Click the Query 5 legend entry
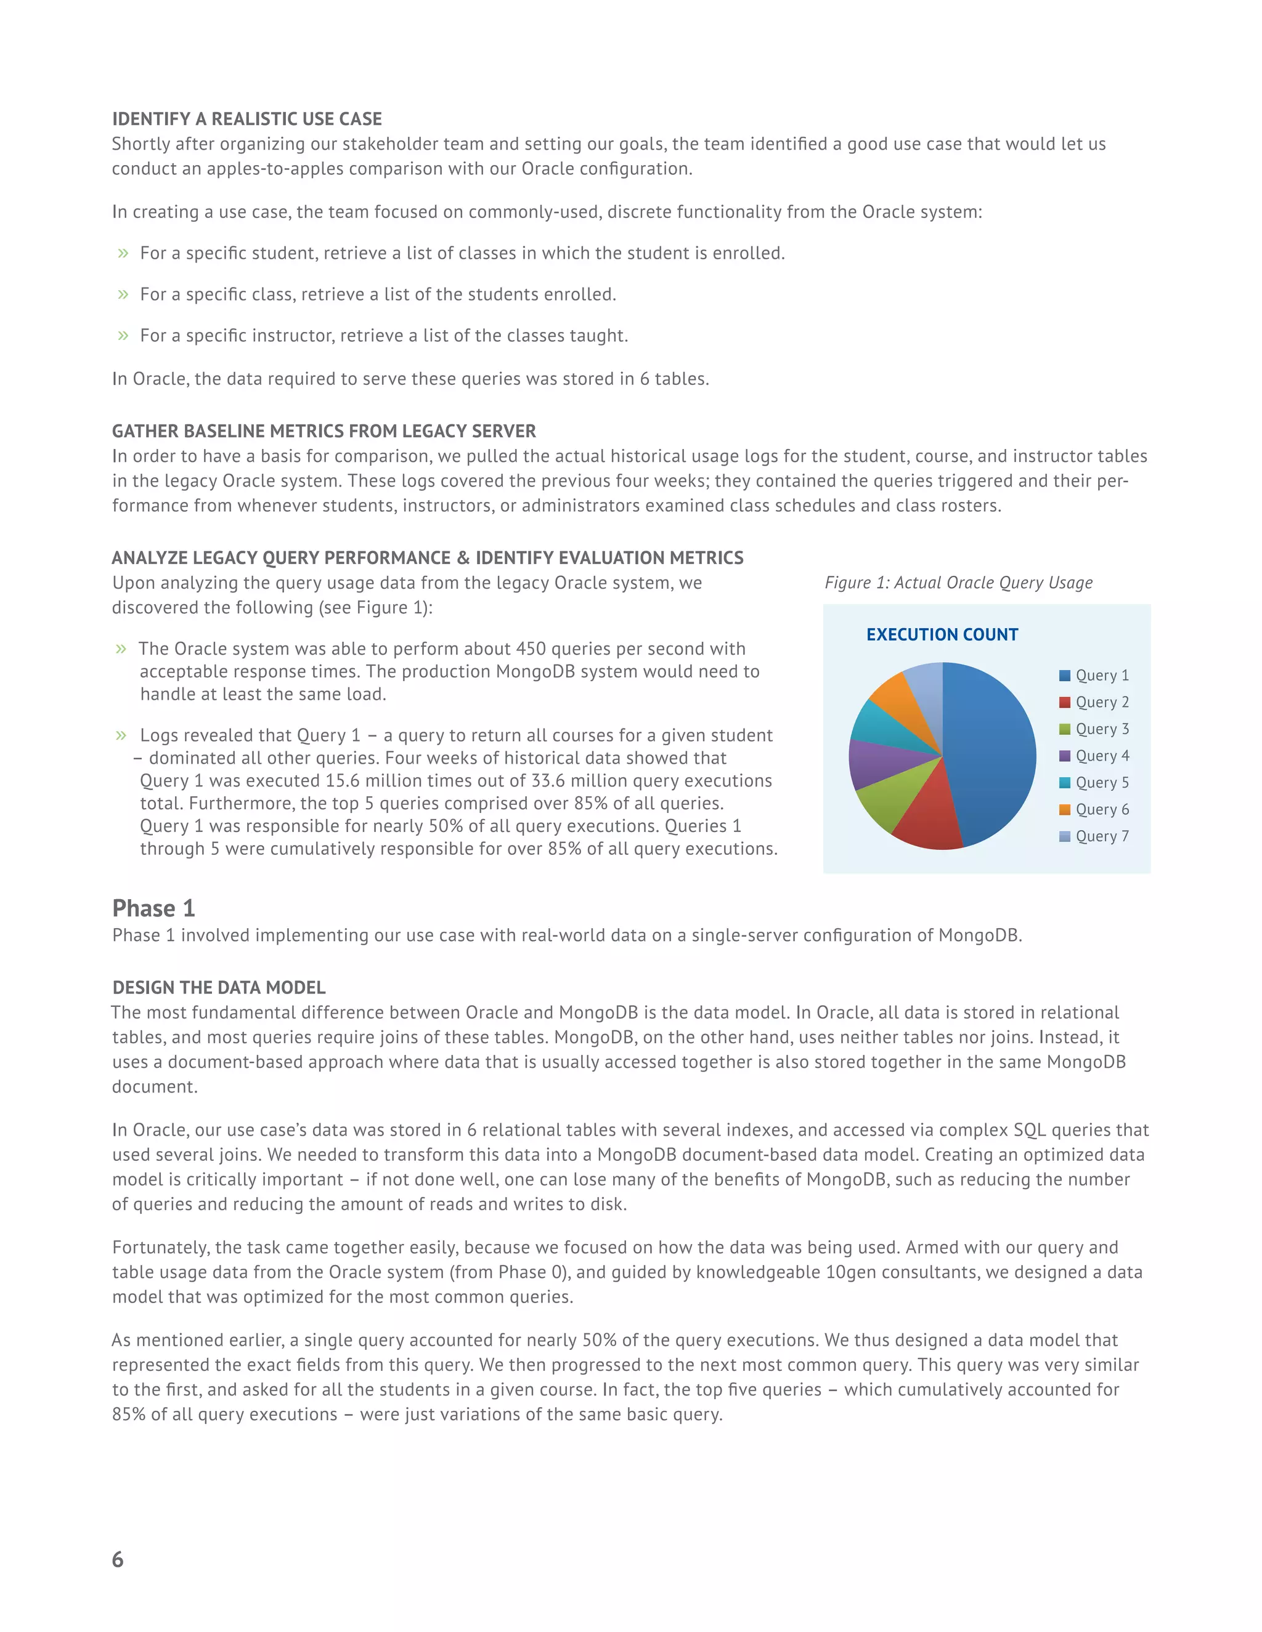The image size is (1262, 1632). click(1094, 782)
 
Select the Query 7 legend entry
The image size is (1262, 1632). click(1094, 836)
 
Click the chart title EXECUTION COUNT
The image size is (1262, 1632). click(942, 634)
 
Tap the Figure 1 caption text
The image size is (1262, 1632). click(958, 583)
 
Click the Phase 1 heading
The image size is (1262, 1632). click(153, 908)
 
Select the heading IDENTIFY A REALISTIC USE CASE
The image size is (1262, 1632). click(246, 119)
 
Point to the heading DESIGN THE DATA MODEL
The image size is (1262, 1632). click(218, 987)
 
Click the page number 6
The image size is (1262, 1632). click(117, 1559)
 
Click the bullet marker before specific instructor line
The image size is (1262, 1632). click(123, 336)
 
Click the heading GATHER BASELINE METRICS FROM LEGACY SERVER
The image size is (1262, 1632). click(324, 431)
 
